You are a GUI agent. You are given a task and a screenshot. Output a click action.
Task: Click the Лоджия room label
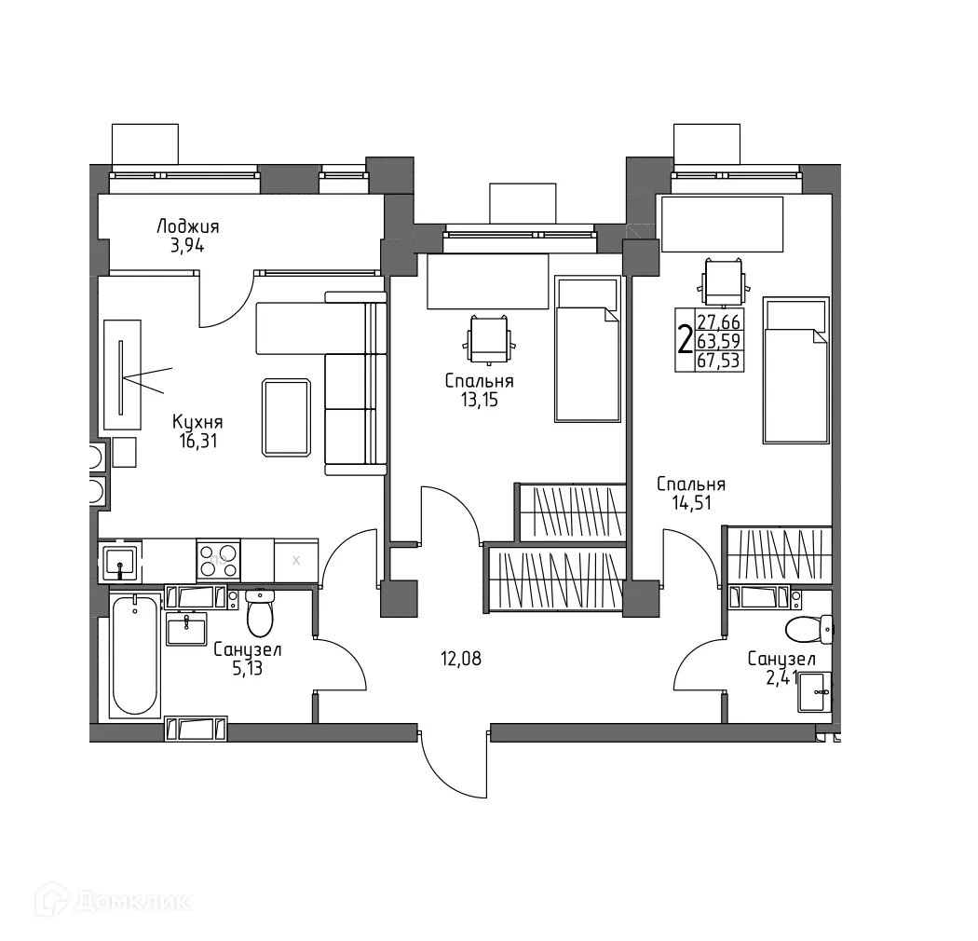[x=187, y=226]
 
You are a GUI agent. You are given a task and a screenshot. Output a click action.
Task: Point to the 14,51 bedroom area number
[x=690, y=503]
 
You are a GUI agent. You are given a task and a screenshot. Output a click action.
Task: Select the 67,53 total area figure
[x=718, y=360]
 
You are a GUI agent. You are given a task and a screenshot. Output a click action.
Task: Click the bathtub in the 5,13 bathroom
[x=134, y=656]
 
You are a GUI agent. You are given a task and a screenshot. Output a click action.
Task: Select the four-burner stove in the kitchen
[x=219, y=559]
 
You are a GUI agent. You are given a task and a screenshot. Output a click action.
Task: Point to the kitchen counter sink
[x=121, y=562]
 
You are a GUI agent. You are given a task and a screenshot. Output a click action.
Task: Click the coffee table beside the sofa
[x=287, y=416]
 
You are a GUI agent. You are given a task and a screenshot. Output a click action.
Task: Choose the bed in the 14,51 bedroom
[x=795, y=370]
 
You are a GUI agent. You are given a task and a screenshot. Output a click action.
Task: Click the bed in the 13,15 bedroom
[x=587, y=349]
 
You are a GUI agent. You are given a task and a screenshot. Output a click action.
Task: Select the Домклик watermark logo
[x=113, y=902]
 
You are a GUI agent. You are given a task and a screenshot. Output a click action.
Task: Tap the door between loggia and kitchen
[x=224, y=299]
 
